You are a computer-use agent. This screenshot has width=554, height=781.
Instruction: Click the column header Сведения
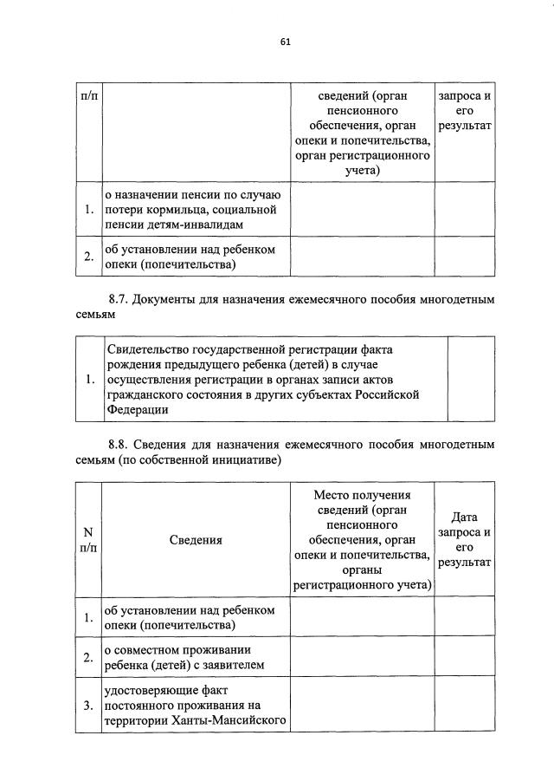[x=196, y=539]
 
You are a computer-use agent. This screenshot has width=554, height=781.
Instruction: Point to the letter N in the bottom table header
[x=88, y=531]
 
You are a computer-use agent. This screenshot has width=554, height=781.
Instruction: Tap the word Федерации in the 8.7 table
[x=137, y=410]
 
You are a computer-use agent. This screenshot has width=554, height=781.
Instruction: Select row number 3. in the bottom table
[x=88, y=706]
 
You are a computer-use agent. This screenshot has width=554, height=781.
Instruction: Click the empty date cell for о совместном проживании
[x=464, y=658]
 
